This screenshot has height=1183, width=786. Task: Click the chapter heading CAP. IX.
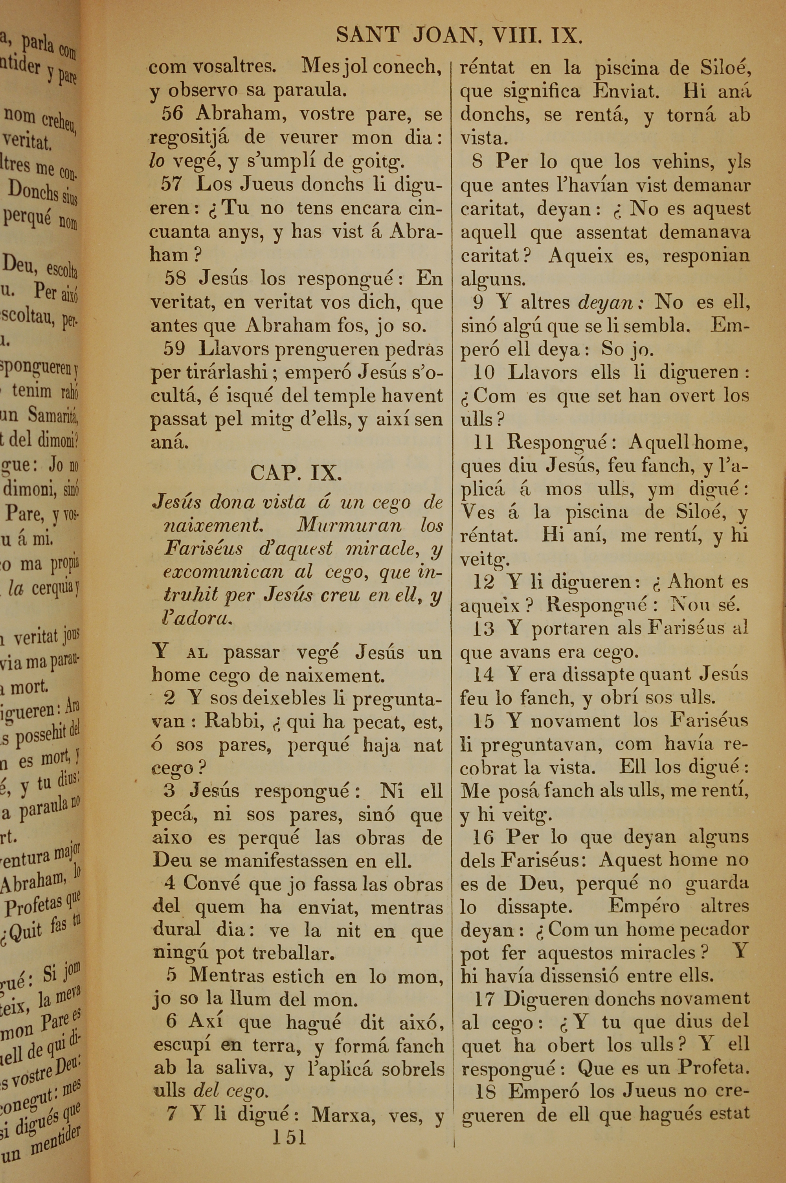tap(296, 473)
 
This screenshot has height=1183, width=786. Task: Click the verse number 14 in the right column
tap(484, 674)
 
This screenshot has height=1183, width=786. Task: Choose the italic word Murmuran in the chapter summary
tap(349, 525)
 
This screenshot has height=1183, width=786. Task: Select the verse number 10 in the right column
tap(484, 372)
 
